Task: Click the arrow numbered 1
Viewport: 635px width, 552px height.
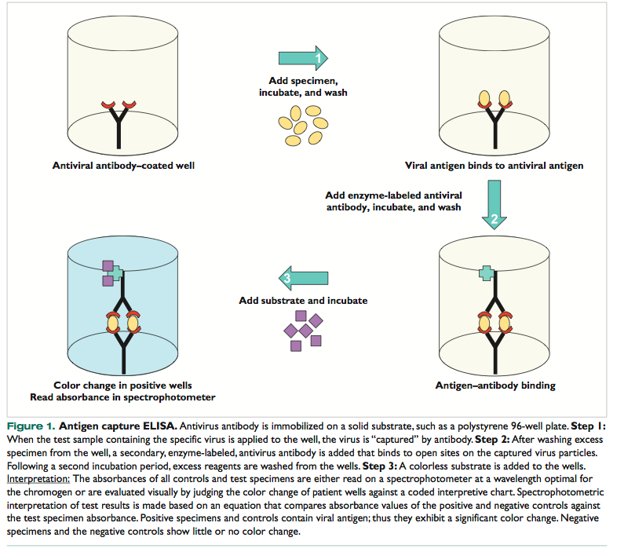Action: pos(303,57)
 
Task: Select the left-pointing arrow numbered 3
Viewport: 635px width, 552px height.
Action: pos(303,276)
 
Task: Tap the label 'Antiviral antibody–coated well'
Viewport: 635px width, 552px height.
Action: pos(123,165)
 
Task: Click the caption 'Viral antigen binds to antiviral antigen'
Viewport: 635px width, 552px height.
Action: pos(494,166)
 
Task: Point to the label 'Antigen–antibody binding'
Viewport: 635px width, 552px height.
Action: pos(495,386)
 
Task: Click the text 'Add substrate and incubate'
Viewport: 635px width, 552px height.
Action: pos(303,301)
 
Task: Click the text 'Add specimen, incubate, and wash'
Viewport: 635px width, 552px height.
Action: pos(303,87)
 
